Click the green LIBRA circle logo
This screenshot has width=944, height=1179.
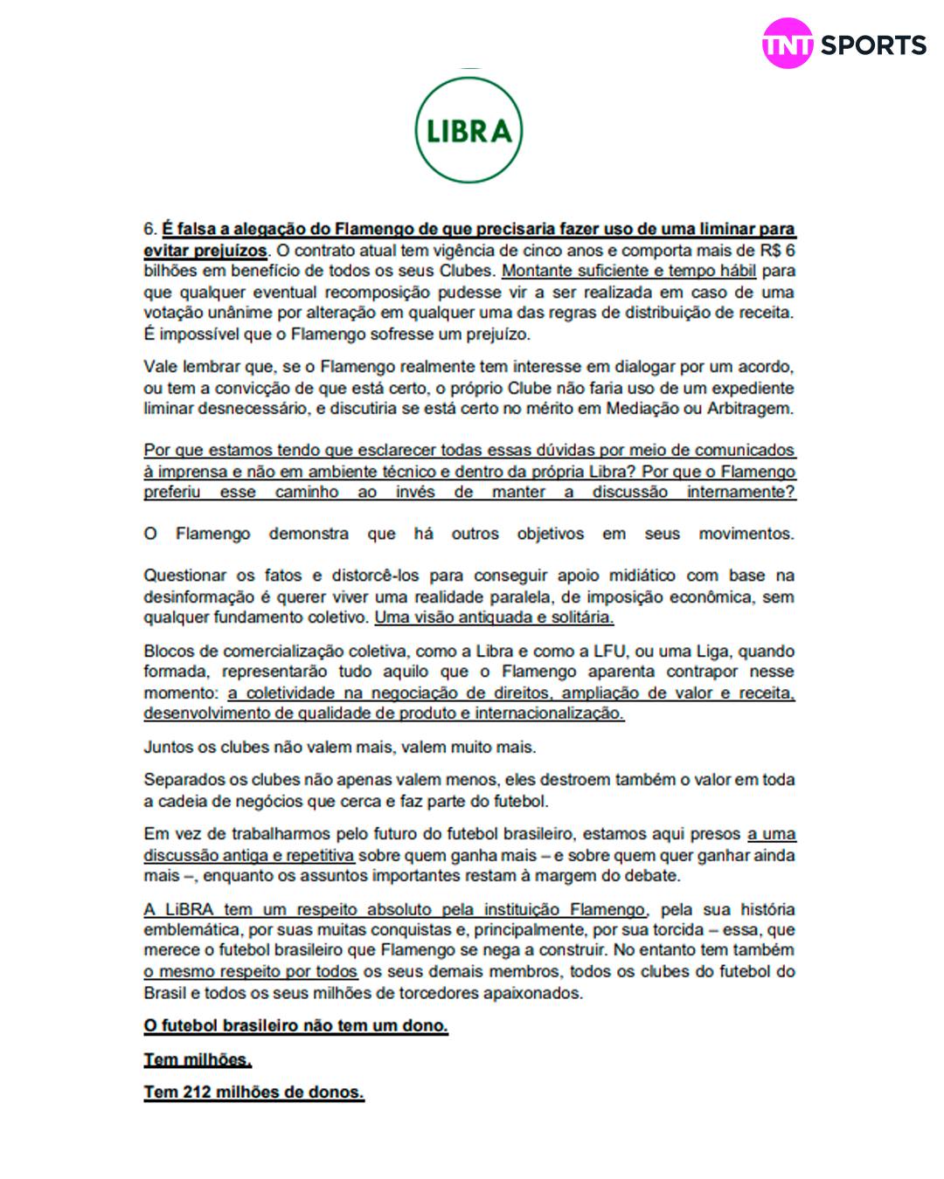[x=469, y=129]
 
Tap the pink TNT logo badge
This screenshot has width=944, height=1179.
[x=788, y=45]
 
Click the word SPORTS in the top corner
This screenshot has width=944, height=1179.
[x=872, y=45]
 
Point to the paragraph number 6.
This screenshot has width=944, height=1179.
[x=149, y=230]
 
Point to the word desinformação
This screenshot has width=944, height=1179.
[x=194, y=597]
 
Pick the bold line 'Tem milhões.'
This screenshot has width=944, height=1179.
[x=198, y=1060]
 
